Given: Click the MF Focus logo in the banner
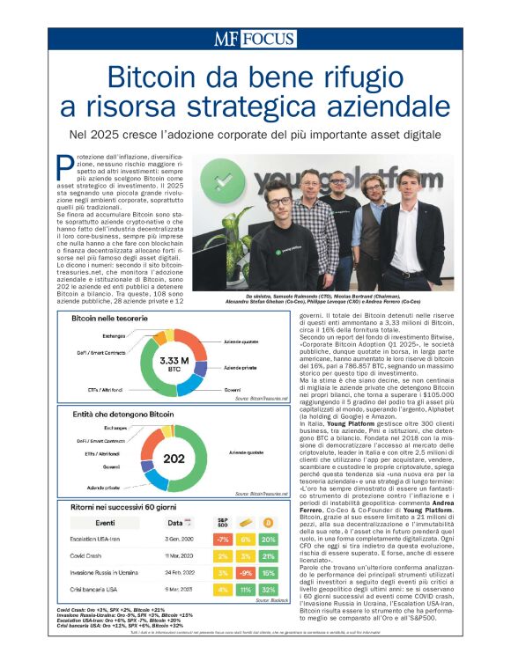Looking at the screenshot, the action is pyautogui.click(x=255, y=39).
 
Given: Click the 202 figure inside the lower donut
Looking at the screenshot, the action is pyautogui.click(x=174, y=458).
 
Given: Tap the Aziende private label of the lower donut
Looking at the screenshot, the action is pyautogui.click(x=101, y=487).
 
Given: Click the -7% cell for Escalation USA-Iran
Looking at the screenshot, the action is pyautogui.click(x=223, y=540).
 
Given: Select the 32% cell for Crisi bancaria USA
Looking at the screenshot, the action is pyautogui.click(x=268, y=589).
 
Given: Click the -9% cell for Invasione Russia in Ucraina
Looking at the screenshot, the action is pyautogui.click(x=246, y=572).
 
